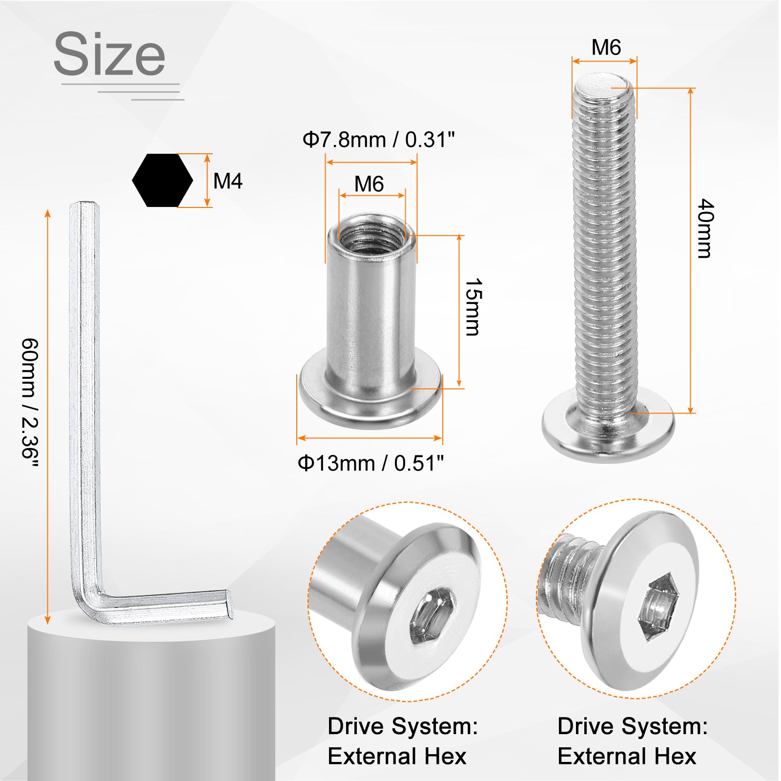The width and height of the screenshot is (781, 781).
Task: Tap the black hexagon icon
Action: coord(163,180)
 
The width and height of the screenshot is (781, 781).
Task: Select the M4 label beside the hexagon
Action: coord(228,181)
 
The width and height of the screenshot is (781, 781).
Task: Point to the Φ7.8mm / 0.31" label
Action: coord(378,140)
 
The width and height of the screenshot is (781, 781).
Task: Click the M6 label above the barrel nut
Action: coord(369,184)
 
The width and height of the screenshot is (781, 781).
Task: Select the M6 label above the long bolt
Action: coord(606,47)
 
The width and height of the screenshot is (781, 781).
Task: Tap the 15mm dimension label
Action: coord(473,307)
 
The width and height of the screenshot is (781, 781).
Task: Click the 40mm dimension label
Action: coord(705,228)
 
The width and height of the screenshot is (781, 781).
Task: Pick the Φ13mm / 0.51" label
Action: coord(371,463)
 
